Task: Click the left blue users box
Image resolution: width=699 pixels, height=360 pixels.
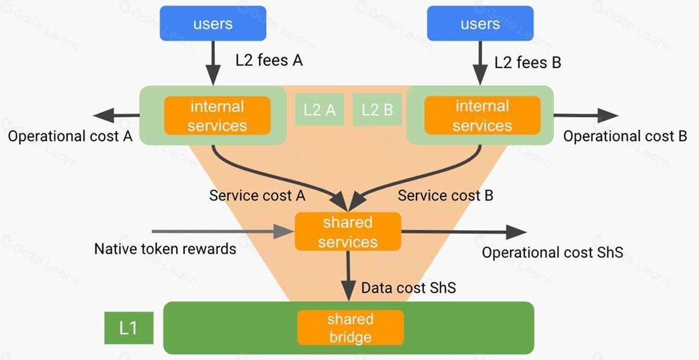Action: click(212, 24)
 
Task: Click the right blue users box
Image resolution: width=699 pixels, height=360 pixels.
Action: click(480, 24)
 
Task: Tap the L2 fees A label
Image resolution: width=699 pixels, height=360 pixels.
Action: click(269, 60)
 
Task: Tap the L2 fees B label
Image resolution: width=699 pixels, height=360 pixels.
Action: click(528, 62)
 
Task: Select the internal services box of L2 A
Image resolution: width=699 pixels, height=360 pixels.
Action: click(217, 115)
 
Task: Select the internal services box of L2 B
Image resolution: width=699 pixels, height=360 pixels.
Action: click(482, 115)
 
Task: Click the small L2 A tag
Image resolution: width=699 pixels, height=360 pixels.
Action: click(319, 109)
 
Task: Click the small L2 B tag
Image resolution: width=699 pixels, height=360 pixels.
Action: click(377, 109)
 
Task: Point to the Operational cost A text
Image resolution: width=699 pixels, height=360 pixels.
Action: click(70, 137)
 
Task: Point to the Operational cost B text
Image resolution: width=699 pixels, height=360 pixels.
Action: click(625, 137)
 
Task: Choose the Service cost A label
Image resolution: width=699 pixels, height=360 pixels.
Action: click(257, 196)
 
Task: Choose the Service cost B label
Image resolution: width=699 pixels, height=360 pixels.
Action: click(445, 196)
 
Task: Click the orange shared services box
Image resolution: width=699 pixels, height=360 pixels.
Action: click(348, 232)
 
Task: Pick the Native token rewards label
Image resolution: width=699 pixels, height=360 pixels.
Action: click(165, 248)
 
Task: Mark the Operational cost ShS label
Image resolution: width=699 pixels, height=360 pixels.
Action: click(552, 252)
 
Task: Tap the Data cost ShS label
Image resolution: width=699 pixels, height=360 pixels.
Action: click(408, 288)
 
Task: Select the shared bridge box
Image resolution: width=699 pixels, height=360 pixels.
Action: click(350, 327)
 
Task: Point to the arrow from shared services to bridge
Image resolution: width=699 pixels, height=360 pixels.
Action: click(348, 275)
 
